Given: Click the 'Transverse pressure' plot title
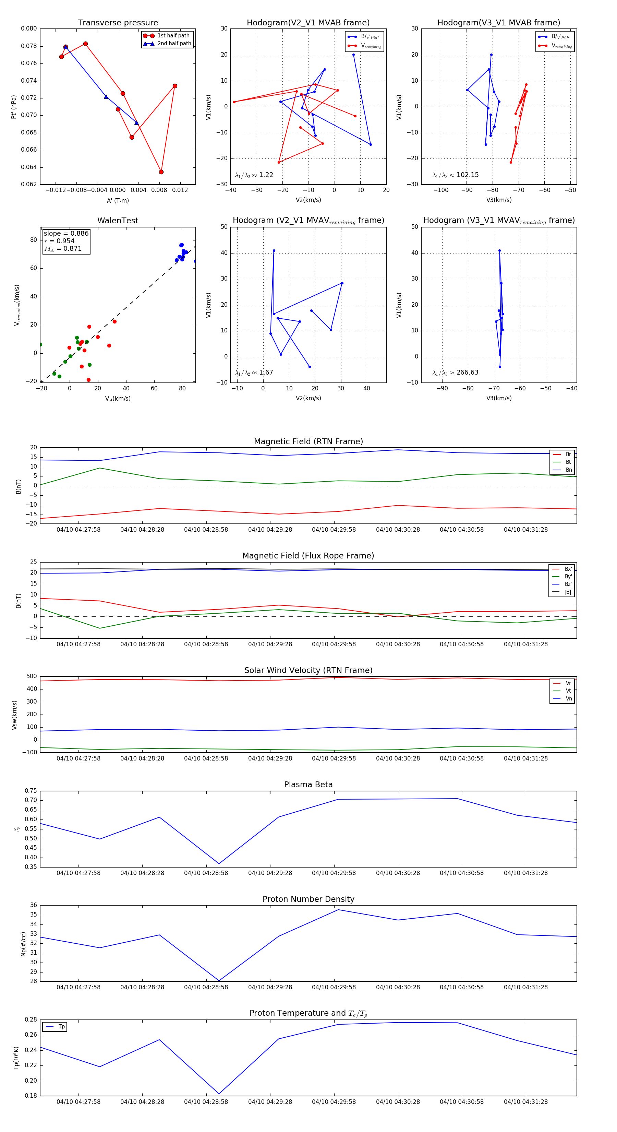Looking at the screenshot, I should click(118, 23).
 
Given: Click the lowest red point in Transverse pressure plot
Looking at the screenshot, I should click(161, 172).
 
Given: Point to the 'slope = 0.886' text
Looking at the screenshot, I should click(66, 233).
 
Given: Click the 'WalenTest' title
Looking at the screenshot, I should click(118, 221).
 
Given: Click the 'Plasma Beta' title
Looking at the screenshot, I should click(308, 785).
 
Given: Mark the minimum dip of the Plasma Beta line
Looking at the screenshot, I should click(219, 863).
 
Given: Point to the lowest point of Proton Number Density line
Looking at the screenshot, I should click(219, 980).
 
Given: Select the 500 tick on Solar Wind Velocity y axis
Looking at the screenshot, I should click(32, 676).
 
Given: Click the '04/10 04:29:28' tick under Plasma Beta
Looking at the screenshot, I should click(270, 873).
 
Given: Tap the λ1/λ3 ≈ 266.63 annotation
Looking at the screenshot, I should click(456, 372).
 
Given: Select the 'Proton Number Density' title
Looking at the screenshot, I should click(308, 899).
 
